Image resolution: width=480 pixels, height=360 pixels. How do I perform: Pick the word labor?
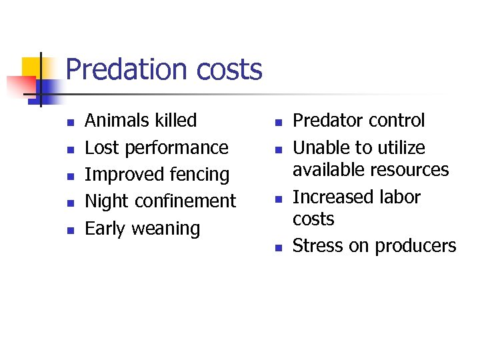pyautogui.click(x=397, y=197)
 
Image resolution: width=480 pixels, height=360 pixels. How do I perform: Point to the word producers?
pyautogui.click(x=415, y=247)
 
